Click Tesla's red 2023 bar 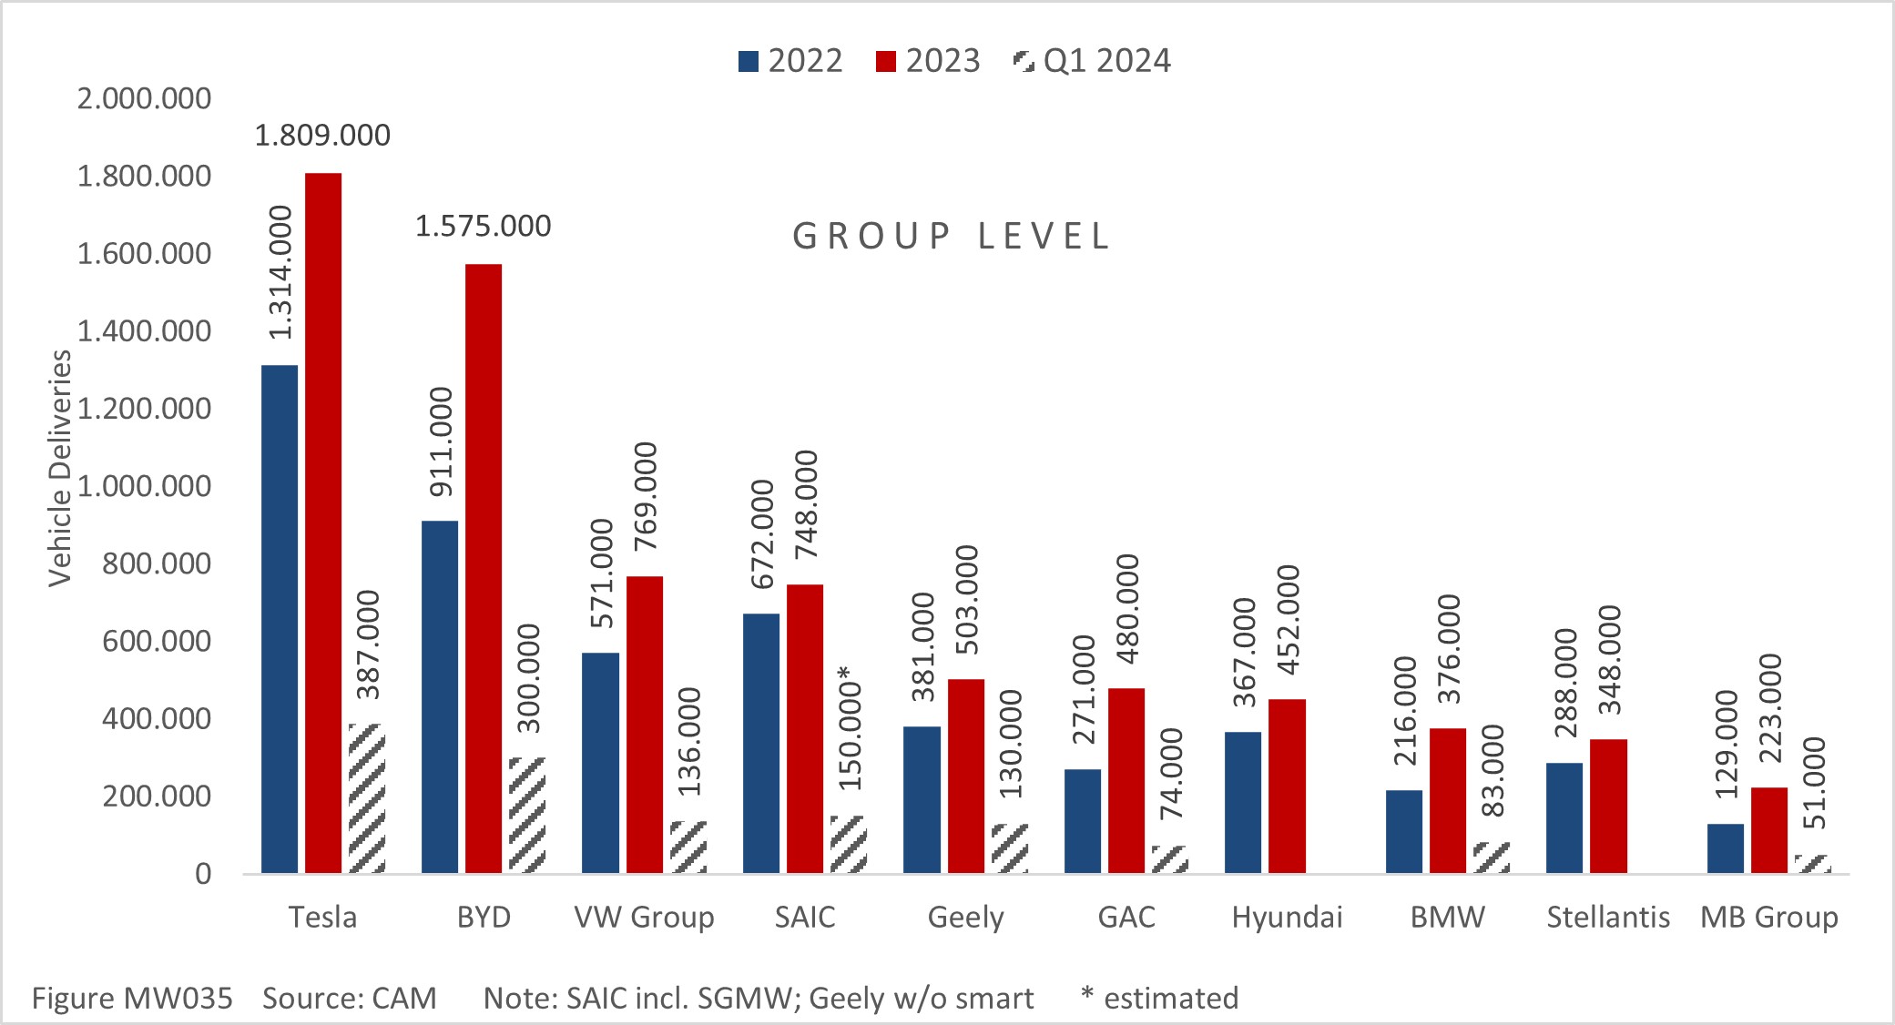pyautogui.click(x=323, y=523)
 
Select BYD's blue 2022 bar pyautogui.click(x=440, y=696)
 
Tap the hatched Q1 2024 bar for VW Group pyautogui.click(x=688, y=847)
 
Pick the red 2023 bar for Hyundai pyautogui.click(x=1287, y=787)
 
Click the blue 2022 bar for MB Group pyautogui.click(x=1725, y=848)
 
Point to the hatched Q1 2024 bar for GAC pyautogui.click(x=1170, y=860)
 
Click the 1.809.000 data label pyautogui.click(x=322, y=136)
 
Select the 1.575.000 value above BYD pyautogui.click(x=484, y=227)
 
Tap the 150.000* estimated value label pyautogui.click(x=849, y=728)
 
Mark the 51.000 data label pyautogui.click(x=1814, y=783)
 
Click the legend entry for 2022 pyautogui.click(x=790, y=61)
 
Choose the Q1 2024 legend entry pyautogui.click(x=1092, y=61)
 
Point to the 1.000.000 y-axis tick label pyautogui.click(x=144, y=486)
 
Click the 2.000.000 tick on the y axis pyautogui.click(x=144, y=98)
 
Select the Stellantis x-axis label pyautogui.click(x=1608, y=917)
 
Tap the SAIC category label pyautogui.click(x=805, y=917)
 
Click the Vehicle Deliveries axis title pyautogui.click(x=60, y=468)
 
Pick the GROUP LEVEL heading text pyautogui.click(x=952, y=237)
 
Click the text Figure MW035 pyautogui.click(x=132, y=999)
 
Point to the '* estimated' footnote pyautogui.click(x=1159, y=999)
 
